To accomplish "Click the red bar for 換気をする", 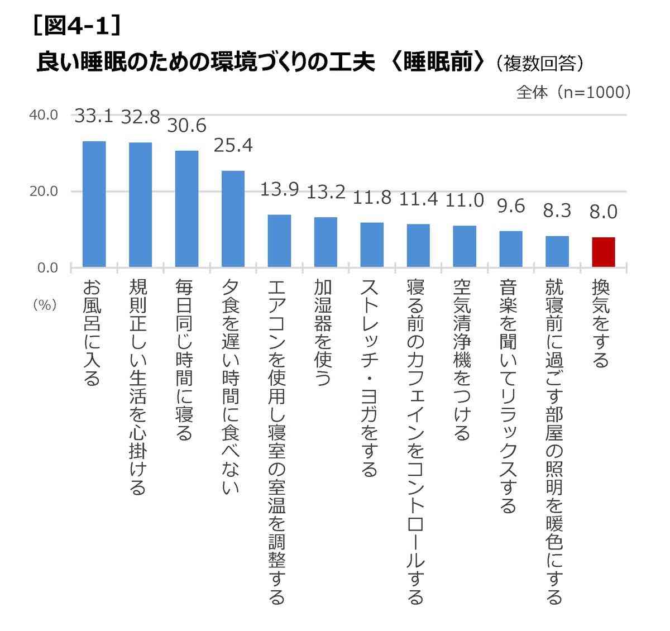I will point(603,252).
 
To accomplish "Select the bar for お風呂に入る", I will point(94,204).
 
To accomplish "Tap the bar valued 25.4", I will point(233,219).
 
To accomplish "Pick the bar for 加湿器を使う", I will point(326,242).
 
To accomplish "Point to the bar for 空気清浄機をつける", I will point(464,246).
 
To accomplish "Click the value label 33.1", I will point(94,117).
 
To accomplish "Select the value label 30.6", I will point(187,126).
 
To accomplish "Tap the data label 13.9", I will point(279,190).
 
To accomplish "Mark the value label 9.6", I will point(511,206).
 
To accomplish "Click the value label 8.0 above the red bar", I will point(603,212).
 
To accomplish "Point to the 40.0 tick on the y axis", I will point(44,115).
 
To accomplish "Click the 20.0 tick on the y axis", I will point(44,192).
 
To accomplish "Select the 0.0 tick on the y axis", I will point(47,268).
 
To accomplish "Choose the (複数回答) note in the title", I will point(539,63).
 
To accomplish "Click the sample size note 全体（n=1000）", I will point(573,92).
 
